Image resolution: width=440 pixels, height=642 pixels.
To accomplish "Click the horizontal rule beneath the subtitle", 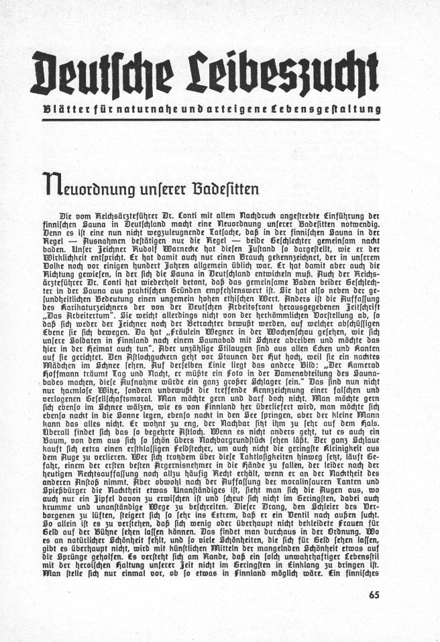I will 219,119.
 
